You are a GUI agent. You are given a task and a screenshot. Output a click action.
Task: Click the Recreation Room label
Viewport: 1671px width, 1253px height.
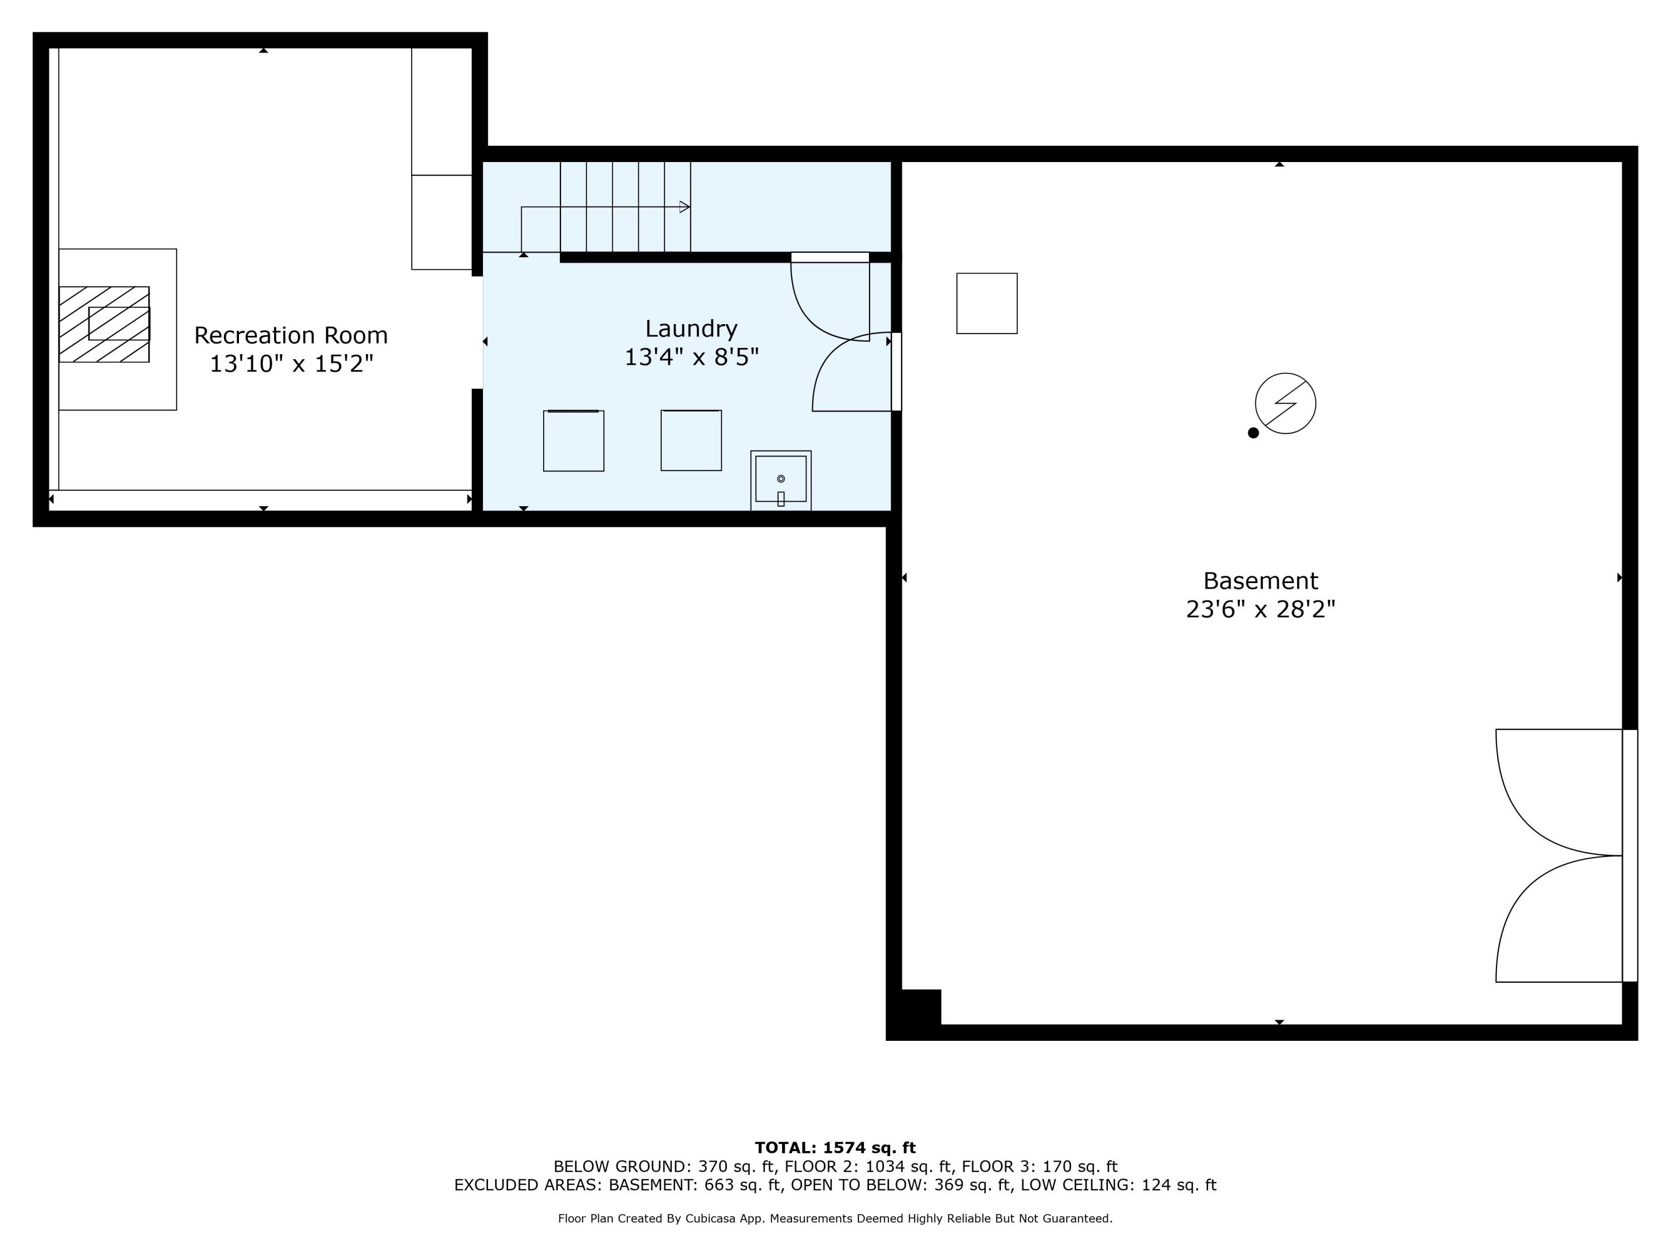291,335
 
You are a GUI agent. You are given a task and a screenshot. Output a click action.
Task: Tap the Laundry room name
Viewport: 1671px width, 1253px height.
691,329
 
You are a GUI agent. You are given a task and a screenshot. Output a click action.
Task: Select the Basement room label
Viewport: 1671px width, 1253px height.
1260,581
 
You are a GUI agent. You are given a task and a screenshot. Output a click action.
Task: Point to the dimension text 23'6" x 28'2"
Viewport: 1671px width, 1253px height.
1260,609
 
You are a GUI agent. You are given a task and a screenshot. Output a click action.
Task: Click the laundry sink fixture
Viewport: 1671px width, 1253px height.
780,481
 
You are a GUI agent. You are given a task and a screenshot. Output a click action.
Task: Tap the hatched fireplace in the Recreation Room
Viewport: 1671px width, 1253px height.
104,324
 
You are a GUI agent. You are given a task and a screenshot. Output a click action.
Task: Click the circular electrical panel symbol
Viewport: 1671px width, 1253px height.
1285,403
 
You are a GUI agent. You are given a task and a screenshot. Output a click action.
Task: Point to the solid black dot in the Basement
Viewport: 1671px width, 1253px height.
1253,433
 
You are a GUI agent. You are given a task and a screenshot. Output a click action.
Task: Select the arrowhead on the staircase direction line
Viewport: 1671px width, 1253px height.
685,207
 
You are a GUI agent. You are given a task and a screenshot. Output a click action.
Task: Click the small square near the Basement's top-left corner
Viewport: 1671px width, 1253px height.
986,303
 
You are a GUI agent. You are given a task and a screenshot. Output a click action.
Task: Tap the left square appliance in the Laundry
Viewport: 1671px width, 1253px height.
573,440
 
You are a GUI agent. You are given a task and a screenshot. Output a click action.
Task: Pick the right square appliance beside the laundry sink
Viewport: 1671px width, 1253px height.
691,440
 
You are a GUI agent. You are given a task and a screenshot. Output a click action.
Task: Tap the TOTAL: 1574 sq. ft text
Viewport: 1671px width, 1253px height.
835,1148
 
